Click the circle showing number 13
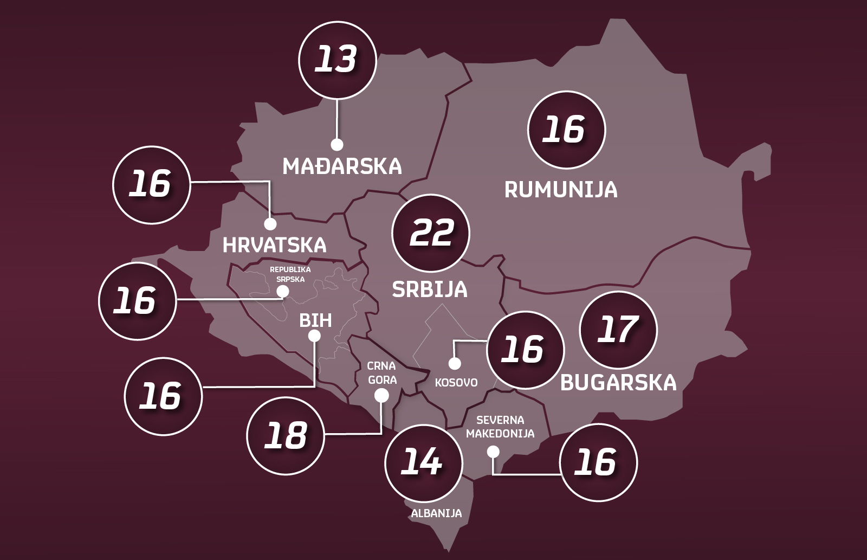pos(337,60)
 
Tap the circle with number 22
pos(431,233)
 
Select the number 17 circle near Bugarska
pos(618,330)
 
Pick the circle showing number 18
pos(286,436)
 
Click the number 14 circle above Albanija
pos(423,463)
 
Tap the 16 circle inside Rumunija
pos(566,130)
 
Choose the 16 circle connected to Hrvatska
pos(151,184)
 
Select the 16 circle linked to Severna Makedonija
pos(598,462)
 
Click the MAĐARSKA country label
pos(342,166)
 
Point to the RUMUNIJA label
pos(561,190)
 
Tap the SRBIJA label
pos(430,289)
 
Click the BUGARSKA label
pos(618,383)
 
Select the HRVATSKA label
pos(275,246)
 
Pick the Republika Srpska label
pos(290,274)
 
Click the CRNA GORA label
pos(382,373)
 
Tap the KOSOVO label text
pos(456,383)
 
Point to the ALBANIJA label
pos(436,513)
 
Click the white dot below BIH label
pos(314,336)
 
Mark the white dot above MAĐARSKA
pos(337,144)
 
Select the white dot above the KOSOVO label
pos(455,363)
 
